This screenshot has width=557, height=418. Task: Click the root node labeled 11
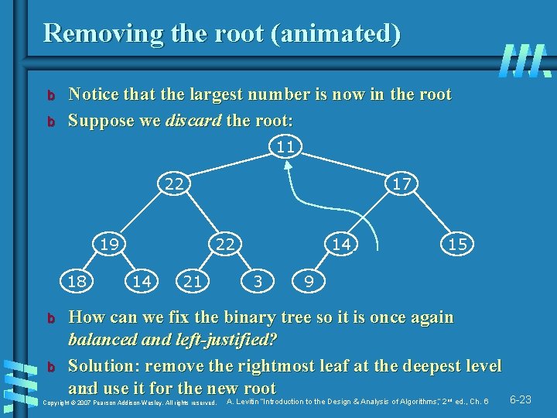285,146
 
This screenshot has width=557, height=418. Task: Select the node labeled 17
401,184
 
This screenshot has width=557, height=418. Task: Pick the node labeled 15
456,244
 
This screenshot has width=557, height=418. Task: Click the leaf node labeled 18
76,283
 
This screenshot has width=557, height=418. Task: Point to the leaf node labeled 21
193,283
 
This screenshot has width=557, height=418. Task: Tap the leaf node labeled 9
309,283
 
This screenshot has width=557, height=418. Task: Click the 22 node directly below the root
175,184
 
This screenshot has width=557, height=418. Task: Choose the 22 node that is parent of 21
224,244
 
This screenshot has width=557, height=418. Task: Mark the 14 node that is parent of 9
340,244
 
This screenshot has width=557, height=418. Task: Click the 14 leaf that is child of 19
141,283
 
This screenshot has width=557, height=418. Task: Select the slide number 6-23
520,400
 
